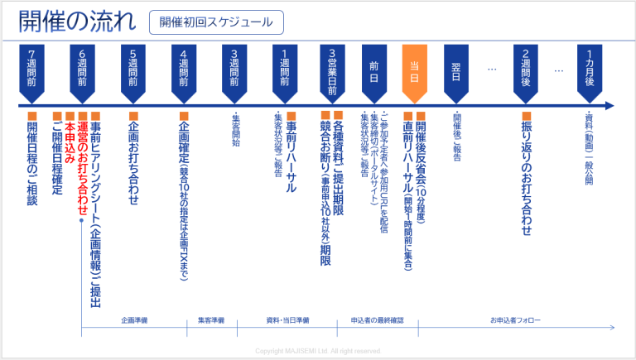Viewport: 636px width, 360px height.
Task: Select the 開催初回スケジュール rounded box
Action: pos(216,22)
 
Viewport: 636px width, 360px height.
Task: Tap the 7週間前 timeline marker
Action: pos(32,67)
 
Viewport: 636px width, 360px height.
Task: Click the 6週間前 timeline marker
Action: pos(83,67)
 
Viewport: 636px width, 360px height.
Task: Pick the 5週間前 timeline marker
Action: pos(133,67)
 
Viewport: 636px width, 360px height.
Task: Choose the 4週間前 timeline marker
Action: pos(184,67)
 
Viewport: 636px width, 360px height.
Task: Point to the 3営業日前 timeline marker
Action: pos(332,67)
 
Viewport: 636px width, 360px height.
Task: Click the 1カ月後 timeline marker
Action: pos(590,67)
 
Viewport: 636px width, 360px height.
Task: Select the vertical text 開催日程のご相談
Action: pos(32,162)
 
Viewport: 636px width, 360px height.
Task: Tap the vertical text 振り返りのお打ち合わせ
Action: pos(526,177)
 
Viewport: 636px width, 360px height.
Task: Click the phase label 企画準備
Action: pos(133,319)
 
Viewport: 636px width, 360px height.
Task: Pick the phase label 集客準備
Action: pos(211,319)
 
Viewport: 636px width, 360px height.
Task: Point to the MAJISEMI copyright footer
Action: pos(318,351)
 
